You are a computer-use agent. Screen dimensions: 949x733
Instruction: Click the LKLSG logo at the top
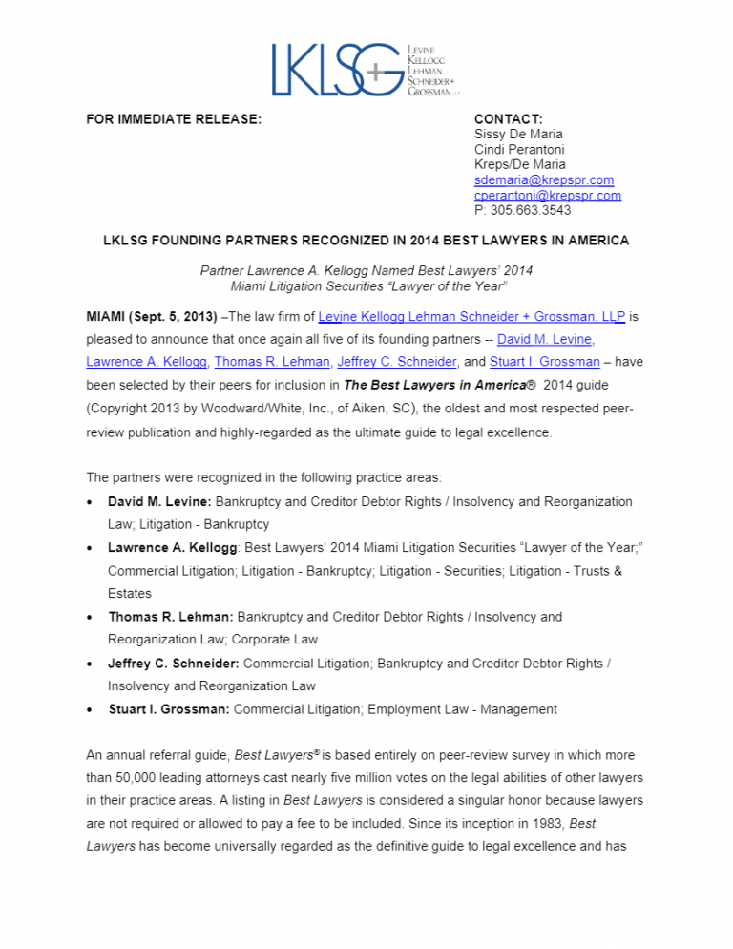[x=366, y=69]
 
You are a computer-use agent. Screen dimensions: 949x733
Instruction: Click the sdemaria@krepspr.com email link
[x=543, y=179]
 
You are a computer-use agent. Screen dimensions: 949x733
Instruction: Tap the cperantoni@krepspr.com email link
[x=547, y=195]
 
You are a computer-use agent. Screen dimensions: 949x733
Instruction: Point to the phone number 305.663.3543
[x=530, y=210]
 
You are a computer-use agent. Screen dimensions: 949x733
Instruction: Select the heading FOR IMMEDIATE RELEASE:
[x=174, y=119]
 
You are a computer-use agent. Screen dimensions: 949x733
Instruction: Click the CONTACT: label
[x=508, y=119]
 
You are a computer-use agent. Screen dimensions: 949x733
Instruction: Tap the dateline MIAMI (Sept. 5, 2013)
[x=151, y=315]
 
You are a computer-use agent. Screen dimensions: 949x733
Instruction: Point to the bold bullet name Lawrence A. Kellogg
[x=174, y=548]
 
